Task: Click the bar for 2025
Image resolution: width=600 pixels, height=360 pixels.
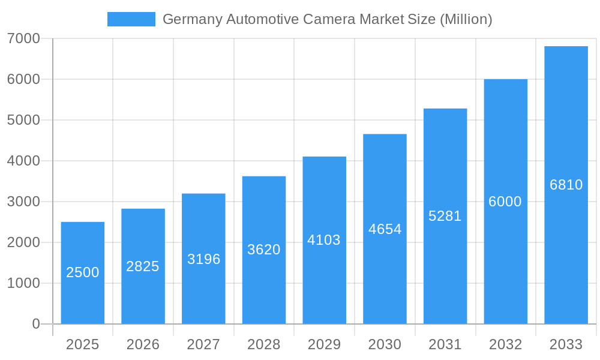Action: [83, 273]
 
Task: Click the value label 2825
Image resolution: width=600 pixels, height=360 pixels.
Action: [143, 266]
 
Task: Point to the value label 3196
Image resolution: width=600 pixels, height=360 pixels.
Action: [203, 259]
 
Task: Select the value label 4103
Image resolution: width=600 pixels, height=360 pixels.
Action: [324, 240]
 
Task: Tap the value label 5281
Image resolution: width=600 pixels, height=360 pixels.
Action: [445, 216]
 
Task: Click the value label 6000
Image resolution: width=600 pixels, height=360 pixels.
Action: [505, 202]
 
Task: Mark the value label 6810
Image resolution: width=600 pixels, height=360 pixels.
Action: [566, 185]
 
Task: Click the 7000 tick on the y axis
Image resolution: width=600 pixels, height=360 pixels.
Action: [23, 38]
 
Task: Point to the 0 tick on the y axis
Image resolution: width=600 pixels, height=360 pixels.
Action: [36, 324]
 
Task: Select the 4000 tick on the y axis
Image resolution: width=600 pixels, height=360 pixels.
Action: [23, 161]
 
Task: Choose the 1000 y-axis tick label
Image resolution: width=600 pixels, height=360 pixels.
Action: [23, 283]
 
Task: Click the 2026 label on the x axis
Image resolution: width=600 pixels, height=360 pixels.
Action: [143, 344]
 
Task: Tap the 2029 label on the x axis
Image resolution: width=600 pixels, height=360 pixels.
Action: [324, 344]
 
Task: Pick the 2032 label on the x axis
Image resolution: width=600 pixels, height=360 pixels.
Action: [505, 344]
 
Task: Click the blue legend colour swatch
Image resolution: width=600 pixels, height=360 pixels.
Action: [131, 19]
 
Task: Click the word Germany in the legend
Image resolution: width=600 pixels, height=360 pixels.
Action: [192, 19]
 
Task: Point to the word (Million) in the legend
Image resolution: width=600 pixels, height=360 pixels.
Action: [466, 19]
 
